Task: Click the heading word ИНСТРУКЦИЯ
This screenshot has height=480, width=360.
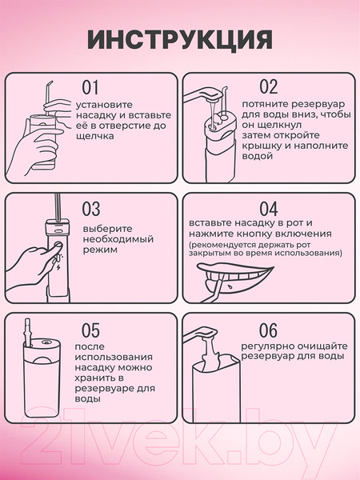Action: [180, 40]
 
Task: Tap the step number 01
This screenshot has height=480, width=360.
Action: [90, 87]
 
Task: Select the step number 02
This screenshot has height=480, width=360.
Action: [269, 87]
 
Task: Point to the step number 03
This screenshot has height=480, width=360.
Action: [91, 209]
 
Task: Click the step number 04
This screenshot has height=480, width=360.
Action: [269, 209]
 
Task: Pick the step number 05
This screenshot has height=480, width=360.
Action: [90, 330]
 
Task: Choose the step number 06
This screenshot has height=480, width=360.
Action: [268, 330]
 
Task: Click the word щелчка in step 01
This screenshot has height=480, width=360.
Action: [95, 136]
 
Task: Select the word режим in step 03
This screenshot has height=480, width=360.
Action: [100, 250]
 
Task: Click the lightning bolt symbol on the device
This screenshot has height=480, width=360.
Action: [58, 268]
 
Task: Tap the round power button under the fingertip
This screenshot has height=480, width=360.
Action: [58, 244]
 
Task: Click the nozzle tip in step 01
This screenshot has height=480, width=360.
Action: [49, 84]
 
